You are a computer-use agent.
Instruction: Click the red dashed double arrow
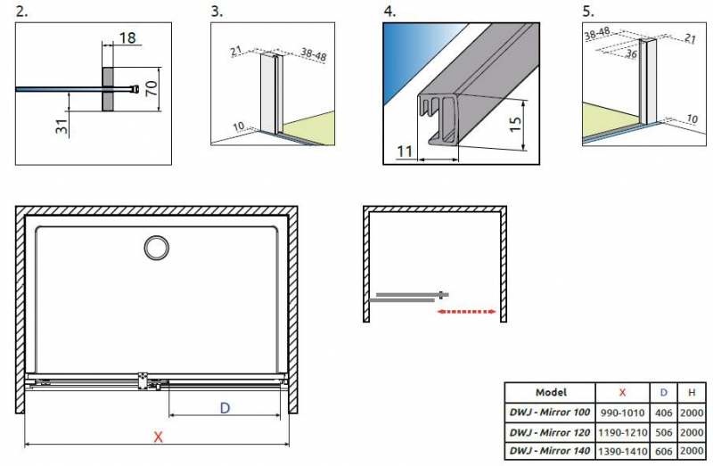click(x=466, y=312)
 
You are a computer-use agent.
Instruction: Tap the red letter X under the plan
click(x=159, y=437)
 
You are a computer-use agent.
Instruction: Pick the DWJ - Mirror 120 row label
click(x=551, y=432)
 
